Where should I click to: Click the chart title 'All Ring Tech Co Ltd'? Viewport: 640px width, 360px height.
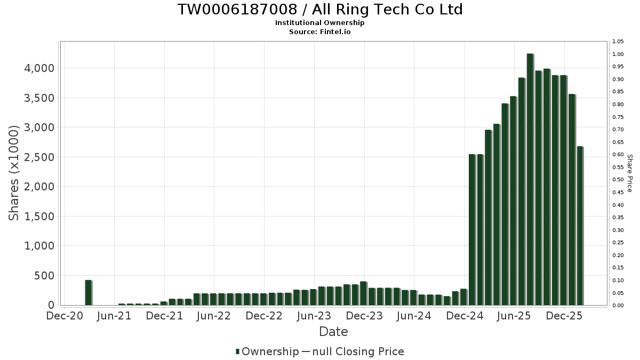pyautogui.click(x=319, y=10)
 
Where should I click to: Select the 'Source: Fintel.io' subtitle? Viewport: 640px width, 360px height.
pyautogui.click(x=319, y=31)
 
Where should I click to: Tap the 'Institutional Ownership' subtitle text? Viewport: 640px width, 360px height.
pyautogui.click(x=319, y=23)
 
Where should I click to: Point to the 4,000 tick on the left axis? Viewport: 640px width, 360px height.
pyautogui.click(x=38, y=68)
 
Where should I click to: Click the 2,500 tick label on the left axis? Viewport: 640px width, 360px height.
pyautogui.click(x=38, y=157)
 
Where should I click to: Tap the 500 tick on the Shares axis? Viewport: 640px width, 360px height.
pyautogui.click(x=44, y=276)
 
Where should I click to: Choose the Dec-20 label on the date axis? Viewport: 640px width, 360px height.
pyautogui.click(x=65, y=316)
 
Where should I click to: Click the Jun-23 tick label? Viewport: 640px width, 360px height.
pyautogui.click(x=314, y=316)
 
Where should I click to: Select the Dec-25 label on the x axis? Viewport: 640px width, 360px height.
pyautogui.click(x=564, y=316)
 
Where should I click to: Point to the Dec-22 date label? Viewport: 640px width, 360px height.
pyautogui.click(x=264, y=316)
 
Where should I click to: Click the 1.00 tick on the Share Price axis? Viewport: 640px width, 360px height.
pyautogui.click(x=618, y=54)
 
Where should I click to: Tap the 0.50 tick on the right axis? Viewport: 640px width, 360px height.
pyautogui.click(x=618, y=180)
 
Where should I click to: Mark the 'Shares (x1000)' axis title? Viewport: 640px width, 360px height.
pyautogui.click(x=14, y=173)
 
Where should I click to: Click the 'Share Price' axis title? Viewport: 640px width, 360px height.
pyautogui.click(x=629, y=173)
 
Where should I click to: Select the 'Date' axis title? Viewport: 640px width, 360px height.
pyautogui.click(x=333, y=332)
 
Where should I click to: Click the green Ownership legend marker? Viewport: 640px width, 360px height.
pyautogui.click(x=237, y=351)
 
